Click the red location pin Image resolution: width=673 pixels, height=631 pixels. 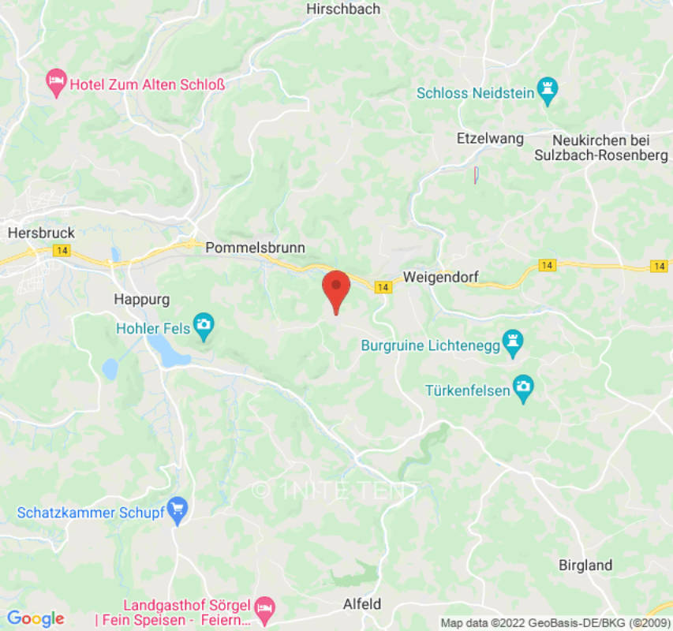337,289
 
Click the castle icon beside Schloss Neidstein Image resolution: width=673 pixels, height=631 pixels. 546,92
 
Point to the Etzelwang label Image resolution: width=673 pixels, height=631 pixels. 490,139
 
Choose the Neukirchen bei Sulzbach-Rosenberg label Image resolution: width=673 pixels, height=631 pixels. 600,147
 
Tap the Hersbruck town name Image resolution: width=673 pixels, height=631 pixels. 41,233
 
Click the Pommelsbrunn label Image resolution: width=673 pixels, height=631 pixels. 255,248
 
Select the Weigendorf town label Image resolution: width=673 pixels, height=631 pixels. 440,277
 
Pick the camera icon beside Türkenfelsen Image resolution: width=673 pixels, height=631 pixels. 522,389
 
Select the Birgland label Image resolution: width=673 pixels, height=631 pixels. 585,565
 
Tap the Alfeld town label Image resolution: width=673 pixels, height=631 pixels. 362,604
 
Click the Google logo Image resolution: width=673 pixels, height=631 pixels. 35,618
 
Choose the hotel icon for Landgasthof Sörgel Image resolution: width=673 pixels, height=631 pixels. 266,607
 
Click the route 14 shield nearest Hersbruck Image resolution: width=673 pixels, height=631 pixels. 61,250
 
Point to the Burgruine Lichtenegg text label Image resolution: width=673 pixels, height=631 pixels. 432,345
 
